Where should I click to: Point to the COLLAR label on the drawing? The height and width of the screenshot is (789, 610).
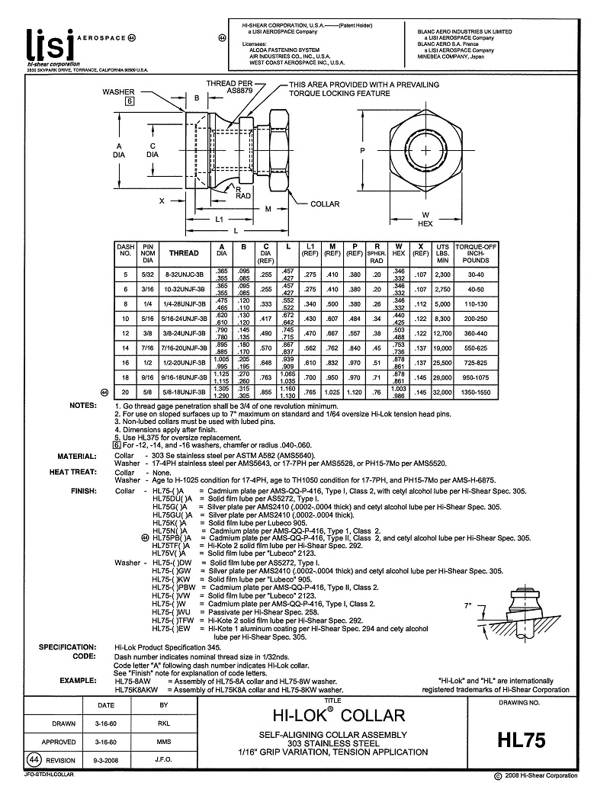point(325,204)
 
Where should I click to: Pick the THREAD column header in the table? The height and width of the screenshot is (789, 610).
point(183,252)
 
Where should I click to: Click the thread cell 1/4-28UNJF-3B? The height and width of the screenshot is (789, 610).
point(183,304)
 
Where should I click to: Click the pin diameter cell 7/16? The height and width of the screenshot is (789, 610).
point(149,348)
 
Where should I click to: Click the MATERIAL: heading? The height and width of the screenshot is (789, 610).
point(75,455)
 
